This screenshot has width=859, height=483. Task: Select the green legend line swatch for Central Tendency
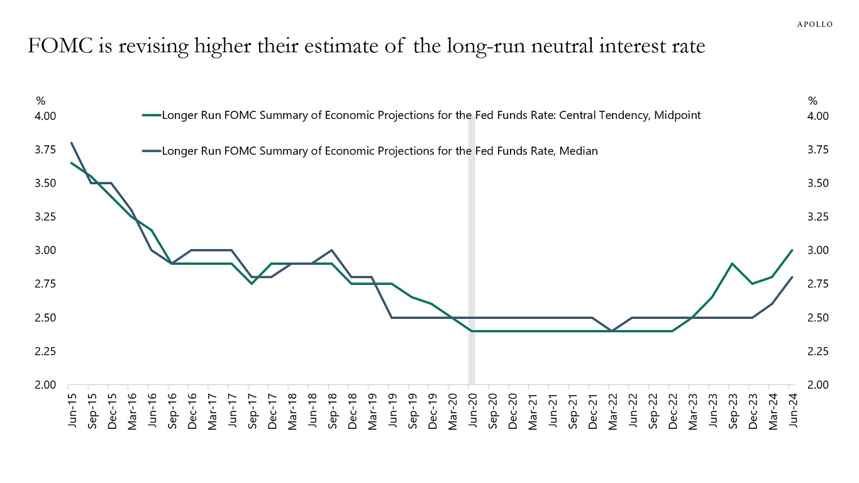point(152,115)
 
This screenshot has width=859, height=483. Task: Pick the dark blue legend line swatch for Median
point(152,151)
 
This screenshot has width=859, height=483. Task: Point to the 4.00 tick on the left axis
point(45,116)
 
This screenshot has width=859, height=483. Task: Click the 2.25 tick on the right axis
point(818,351)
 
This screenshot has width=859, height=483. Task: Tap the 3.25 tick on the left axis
point(45,216)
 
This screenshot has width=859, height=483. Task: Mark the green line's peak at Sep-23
point(733,264)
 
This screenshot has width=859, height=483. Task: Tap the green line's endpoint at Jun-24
point(792,250)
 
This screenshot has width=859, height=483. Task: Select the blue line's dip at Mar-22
point(612,331)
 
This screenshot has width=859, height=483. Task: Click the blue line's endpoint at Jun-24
point(792,277)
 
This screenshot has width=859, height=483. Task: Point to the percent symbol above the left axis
point(40,101)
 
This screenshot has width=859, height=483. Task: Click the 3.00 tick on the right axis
point(818,250)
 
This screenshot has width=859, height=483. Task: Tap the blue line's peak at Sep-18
point(331,250)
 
